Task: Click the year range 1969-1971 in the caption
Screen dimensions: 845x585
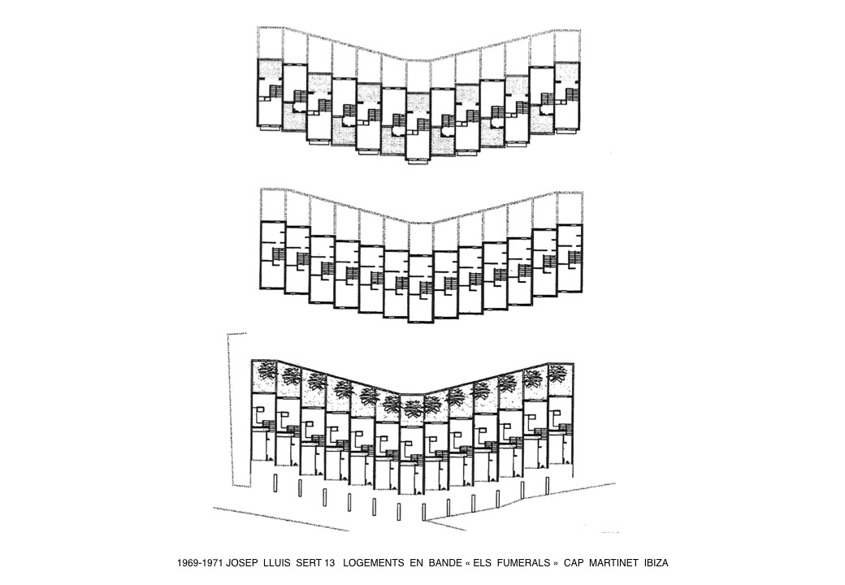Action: (x=200, y=563)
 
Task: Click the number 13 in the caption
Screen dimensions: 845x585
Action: (x=330, y=563)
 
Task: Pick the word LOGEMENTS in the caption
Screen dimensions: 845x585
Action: (x=374, y=563)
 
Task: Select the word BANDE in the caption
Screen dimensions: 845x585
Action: (x=445, y=563)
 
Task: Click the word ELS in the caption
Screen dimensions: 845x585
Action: (x=482, y=563)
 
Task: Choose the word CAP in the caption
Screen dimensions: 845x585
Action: (x=574, y=563)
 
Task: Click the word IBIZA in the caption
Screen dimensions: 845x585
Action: (x=656, y=563)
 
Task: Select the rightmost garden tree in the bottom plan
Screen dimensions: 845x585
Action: (x=559, y=372)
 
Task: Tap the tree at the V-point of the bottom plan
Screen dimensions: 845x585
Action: (x=412, y=407)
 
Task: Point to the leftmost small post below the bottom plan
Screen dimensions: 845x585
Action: (x=275, y=483)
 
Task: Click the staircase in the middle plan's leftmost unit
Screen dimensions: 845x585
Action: (x=278, y=254)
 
